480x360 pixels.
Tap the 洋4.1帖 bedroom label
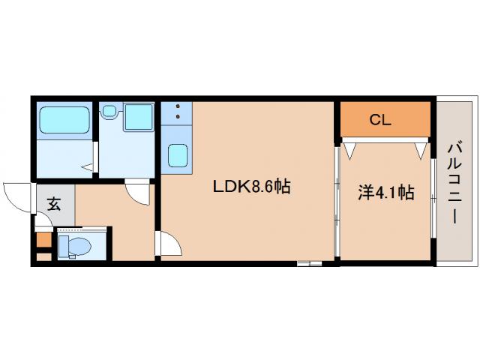coord(385,193)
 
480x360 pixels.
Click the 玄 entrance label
coord(55,202)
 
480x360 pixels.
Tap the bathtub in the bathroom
coord(64,119)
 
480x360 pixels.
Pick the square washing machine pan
coord(137,118)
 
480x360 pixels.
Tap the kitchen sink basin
coord(178,154)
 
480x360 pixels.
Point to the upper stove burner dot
coord(178,107)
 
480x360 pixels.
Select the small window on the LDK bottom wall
coord(309,262)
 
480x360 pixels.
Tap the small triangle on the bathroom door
coord(88,167)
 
